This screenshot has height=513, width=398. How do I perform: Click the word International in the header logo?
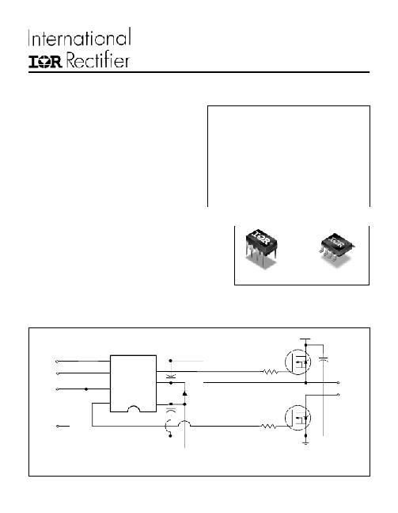80,37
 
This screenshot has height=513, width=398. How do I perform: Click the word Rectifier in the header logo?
98,60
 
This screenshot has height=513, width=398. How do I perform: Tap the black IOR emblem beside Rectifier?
45,62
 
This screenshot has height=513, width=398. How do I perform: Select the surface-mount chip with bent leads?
336,247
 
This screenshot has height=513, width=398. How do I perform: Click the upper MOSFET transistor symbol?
298,362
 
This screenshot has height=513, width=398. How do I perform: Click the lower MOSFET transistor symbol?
298,418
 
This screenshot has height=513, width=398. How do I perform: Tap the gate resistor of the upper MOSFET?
271,372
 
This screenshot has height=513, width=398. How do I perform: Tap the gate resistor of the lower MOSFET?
269,427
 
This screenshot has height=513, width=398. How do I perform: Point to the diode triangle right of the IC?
185,393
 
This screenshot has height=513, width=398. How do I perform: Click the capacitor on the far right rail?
324,360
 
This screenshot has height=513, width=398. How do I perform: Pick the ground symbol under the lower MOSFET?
306,442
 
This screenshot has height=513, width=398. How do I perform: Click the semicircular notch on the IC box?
133,408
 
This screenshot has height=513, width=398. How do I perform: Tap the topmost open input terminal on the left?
57,362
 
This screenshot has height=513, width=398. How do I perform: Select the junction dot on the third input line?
86,389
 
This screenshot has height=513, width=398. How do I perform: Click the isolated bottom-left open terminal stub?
63,426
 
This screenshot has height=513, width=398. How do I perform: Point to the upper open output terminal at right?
338,382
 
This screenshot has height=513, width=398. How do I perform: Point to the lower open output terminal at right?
338,395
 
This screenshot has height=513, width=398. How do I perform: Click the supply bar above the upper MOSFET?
305,339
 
